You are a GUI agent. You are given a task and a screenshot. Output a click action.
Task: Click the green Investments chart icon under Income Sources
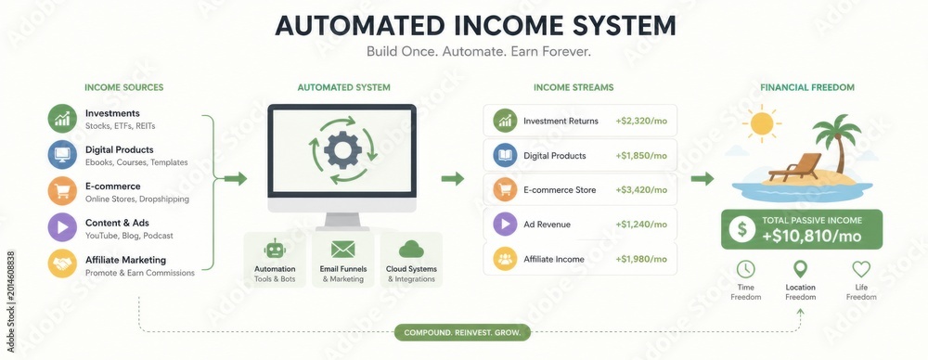(x=62, y=119)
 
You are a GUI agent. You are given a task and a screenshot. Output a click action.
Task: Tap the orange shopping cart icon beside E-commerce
(x=62, y=190)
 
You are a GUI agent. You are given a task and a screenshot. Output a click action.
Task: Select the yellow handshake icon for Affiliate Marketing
(x=62, y=264)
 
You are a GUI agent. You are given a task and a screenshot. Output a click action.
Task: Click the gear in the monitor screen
(x=342, y=149)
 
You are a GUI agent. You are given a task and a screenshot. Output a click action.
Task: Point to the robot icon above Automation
(x=275, y=250)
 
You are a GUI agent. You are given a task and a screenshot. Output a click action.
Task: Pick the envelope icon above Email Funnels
(x=343, y=250)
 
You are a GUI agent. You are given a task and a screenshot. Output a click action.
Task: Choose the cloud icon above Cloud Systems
(x=411, y=250)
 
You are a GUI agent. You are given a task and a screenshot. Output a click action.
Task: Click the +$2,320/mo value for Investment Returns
(x=641, y=121)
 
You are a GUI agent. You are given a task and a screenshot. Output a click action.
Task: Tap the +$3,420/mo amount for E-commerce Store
(x=641, y=190)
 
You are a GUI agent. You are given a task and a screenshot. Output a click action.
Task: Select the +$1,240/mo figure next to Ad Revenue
(x=641, y=225)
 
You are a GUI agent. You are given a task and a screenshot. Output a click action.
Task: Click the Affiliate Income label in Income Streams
(x=553, y=260)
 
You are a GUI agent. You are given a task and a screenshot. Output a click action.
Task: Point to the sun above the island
(x=761, y=123)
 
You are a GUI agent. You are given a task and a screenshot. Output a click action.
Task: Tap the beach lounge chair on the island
(x=795, y=168)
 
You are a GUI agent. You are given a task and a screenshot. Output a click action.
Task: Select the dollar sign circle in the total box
(x=741, y=229)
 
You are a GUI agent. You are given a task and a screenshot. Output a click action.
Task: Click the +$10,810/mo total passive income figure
(x=811, y=237)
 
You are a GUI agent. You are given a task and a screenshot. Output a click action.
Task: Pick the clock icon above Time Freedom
(x=746, y=269)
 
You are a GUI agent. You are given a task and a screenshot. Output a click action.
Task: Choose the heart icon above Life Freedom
(x=861, y=269)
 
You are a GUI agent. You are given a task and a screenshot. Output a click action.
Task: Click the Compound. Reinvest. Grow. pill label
(x=462, y=333)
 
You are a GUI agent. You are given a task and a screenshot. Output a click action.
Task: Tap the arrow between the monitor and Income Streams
(x=453, y=179)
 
